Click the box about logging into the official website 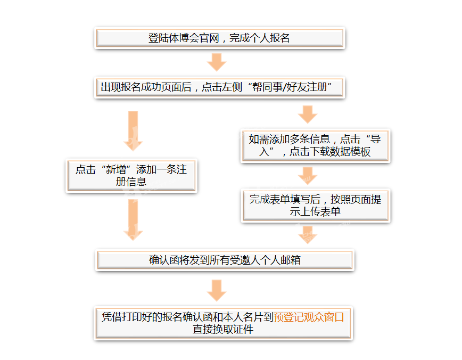coord(219,38)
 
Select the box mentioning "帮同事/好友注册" coord(219,87)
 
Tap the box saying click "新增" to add coord(131,176)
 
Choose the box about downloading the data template coord(315,146)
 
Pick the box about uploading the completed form coord(315,206)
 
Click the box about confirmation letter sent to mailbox coord(225,260)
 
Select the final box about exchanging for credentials coord(224,323)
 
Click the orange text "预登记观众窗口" coord(309,317)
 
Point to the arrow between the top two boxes coord(217,62)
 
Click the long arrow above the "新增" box coord(133,131)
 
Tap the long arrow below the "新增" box coord(133,220)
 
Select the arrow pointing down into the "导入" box coord(308,114)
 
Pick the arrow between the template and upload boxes coord(308,176)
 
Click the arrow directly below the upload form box coord(308,235)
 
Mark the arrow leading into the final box coord(217,290)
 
